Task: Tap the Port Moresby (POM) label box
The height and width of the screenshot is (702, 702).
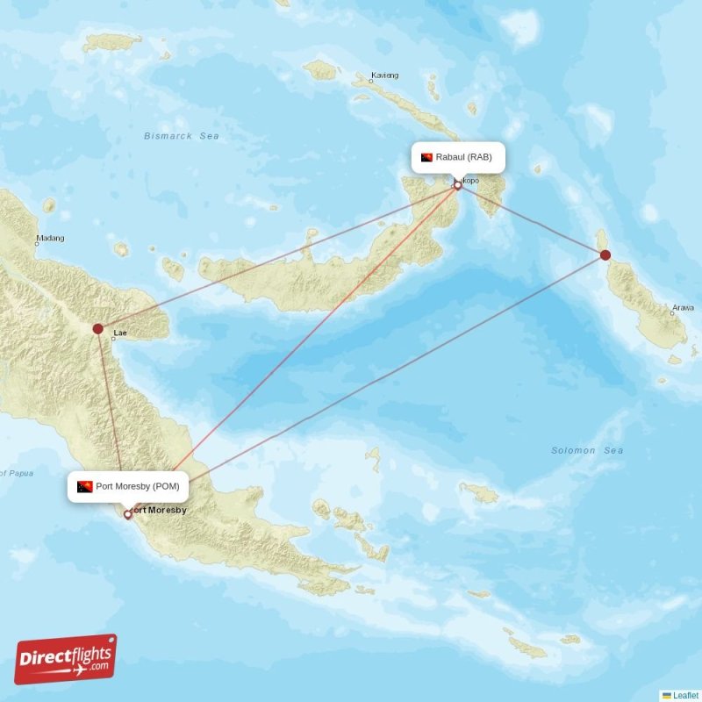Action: click(127, 486)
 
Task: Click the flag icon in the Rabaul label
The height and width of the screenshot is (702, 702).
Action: click(426, 157)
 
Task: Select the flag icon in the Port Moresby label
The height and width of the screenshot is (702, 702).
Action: click(84, 486)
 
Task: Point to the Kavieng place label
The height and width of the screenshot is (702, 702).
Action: click(384, 75)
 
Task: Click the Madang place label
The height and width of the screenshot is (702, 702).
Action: click(49, 239)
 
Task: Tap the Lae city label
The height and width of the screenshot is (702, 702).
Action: click(120, 333)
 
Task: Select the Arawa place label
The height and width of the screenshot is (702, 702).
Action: click(682, 308)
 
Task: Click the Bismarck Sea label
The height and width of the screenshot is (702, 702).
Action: click(182, 136)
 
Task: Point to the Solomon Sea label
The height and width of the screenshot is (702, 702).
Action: click(587, 450)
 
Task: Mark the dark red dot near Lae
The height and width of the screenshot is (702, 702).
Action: click(98, 329)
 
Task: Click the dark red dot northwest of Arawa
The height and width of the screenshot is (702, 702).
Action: click(605, 255)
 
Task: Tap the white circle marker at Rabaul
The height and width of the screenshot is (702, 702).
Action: click(457, 185)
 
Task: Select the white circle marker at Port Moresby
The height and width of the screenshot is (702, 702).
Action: click(128, 514)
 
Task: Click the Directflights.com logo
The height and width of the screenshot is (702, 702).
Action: click(66, 659)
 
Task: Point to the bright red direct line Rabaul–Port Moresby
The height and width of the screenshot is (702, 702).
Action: click(307, 333)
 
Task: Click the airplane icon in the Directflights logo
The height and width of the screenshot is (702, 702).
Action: click(77, 670)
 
